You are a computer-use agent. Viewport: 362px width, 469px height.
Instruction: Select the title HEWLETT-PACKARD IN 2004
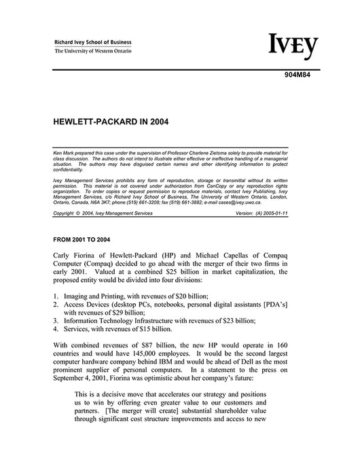pyautogui.click(x=111, y=124)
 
